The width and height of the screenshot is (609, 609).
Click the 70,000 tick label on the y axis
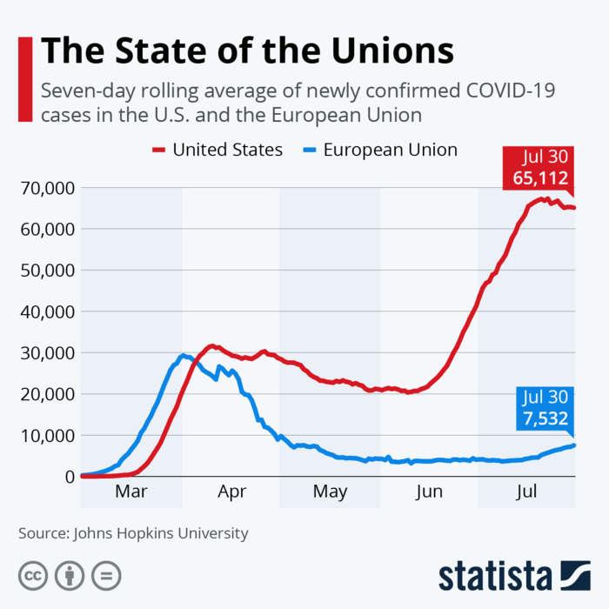[x=43, y=188]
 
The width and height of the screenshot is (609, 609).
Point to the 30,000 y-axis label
[x=43, y=352]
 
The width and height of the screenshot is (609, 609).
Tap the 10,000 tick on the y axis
[x=43, y=435]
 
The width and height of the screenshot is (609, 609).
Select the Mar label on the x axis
[x=130, y=492]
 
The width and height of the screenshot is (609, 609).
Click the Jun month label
[x=429, y=492]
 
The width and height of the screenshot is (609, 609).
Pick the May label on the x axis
[x=330, y=492]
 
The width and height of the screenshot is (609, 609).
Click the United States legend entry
[x=227, y=150]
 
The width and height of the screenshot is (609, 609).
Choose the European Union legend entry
[x=390, y=150]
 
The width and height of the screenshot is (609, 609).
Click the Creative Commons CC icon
[x=33, y=575]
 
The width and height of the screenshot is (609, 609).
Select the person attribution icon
[x=70, y=575]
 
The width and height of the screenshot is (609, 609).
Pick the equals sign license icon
[x=106, y=575]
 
